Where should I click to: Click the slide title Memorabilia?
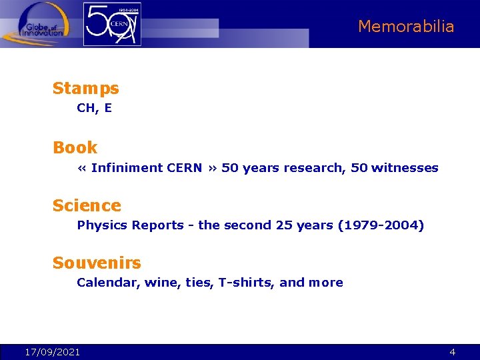(x=405, y=27)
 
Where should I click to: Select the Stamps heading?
(x=85, y=88)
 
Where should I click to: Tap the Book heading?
(x=75, y=147)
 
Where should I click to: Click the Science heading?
(x=87, y=205)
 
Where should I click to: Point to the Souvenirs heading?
(x=97, y=263)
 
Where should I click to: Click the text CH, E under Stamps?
(x=94, y=108)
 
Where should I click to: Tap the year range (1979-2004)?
(x=381, y=225)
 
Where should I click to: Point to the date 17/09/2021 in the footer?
(x=52, y=352)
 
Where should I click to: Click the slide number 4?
(x=452, y=352)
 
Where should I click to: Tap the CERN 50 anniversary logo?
(x=112, y=24)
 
